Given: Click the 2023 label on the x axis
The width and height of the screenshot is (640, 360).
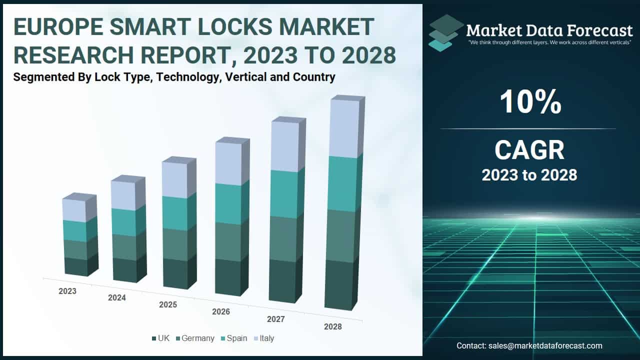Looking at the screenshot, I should point(67,291).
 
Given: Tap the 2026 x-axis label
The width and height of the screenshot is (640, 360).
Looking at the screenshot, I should point(220,312).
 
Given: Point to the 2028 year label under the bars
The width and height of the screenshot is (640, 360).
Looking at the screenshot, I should point(332,326).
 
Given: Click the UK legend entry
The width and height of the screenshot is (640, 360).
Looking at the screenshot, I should point(160,338).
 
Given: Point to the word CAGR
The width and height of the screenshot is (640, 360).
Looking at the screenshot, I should point(529,150).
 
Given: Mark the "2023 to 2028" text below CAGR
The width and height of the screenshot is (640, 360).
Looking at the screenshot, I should point(529,175).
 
